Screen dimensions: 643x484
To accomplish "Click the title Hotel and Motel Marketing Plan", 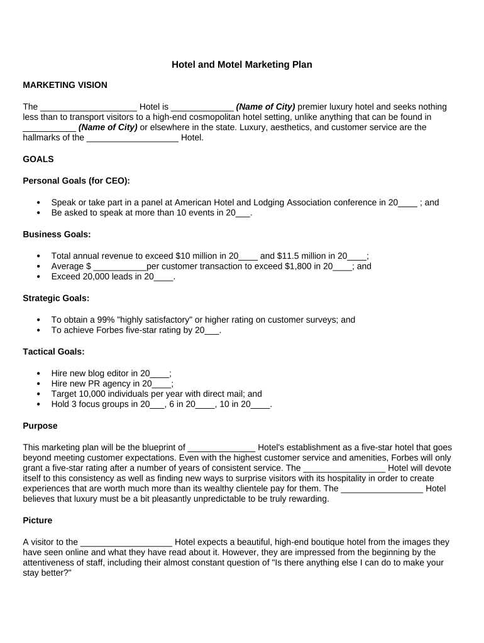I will [x=242, y=65].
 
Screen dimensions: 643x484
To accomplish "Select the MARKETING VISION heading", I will [x=65, y=85].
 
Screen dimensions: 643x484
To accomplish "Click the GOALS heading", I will [x=38, y=159].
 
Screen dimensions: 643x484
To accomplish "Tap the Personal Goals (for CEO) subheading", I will [x=77, y=181].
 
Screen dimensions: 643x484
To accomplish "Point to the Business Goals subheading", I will [x=57, y=234].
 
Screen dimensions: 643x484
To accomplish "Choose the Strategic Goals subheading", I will [x=56, y=298].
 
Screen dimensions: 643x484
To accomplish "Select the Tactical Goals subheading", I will [x=53, y=352].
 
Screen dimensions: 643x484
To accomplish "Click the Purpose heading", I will [x=40, y=426].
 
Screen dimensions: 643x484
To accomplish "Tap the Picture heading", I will [x=38, y=521].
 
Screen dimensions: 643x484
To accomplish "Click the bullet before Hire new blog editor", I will [x=39, y=373].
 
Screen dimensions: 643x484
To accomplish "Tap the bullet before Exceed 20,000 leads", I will [x=39, y=277].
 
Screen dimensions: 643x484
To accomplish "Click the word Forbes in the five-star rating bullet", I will [x=101, y=330].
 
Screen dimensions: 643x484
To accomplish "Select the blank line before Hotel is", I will [x=88, y=107].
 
